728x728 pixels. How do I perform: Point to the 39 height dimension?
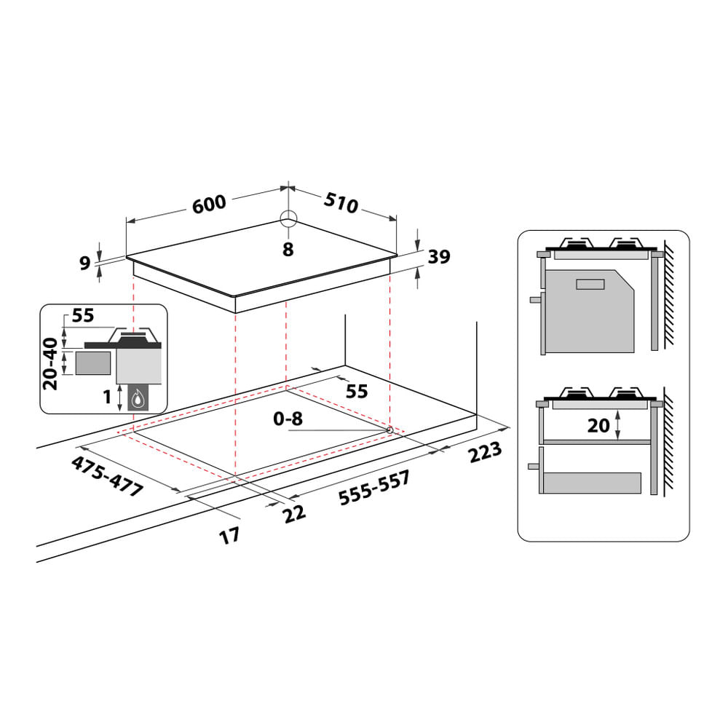coord(439,256)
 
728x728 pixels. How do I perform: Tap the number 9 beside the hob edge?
coord(84,262)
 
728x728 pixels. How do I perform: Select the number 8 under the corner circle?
coord(288,250)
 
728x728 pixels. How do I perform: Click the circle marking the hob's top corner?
coord(288,219)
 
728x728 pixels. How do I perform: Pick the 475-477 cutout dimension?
coord(107,478)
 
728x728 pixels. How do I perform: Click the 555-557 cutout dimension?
coord(374,489)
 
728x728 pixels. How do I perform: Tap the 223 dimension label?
coord(484,453)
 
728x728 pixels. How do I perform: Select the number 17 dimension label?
coord(229,537)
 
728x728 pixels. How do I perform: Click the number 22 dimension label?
coord(294,513)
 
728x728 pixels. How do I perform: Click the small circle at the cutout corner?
coord(389,430)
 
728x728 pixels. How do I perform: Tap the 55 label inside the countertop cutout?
coord(356,391)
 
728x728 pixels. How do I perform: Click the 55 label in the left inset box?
coord(83,315)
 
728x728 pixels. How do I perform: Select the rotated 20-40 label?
coord(50,363)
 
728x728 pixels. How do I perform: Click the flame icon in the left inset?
coord(138,397)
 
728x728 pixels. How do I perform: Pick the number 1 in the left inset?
coord(106,397)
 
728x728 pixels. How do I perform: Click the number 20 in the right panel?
coord(598,425)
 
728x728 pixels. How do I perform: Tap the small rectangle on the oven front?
coord(590,284)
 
